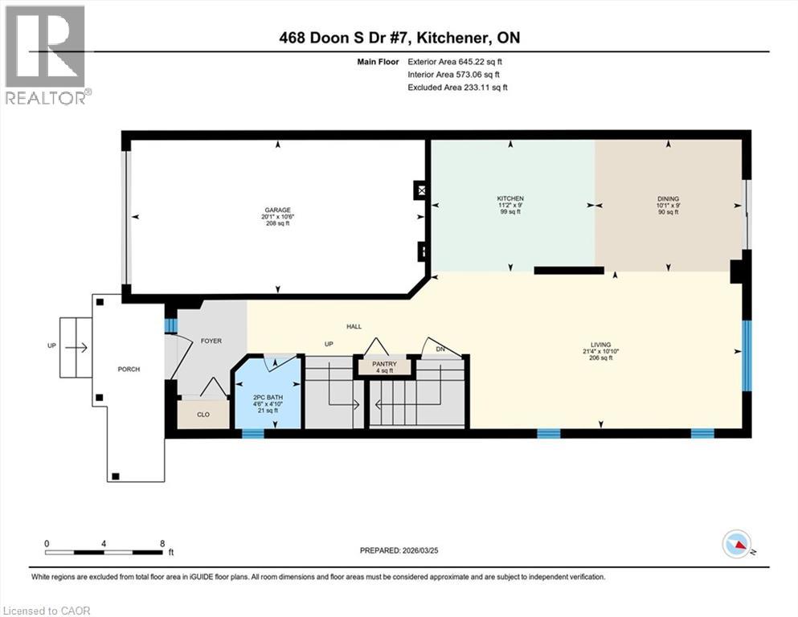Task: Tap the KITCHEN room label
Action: (x=510, y=198)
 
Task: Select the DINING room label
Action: (x=668, y=198)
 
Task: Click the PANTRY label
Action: (x=384, y=364)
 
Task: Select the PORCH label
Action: (x=129, y=370)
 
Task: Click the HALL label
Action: (x=354, y=326)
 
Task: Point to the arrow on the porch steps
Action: (x=77, y=348)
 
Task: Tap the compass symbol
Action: (x=736, y=545)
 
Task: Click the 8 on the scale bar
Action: (x=163, y=543)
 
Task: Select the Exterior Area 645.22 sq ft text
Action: (x=456, y=61)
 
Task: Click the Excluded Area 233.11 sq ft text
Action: (x=457, y=87)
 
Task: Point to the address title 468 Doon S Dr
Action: (x=399, y=38)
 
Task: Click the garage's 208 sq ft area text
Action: (x=278, y=223)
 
